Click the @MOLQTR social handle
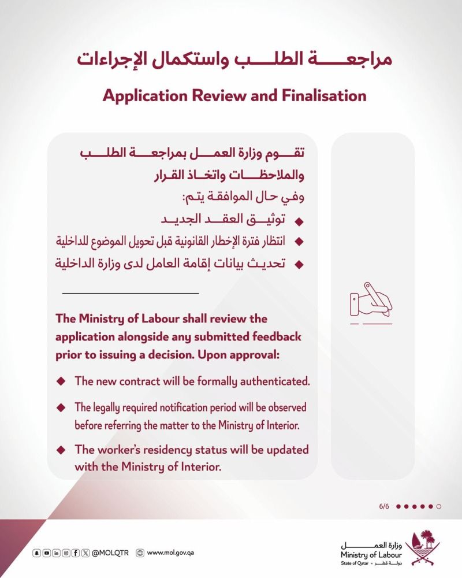point(111,553)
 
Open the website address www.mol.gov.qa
point(170,553)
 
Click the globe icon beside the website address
point(139,553)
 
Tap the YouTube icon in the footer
point(46,553)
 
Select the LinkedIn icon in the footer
point(56,553)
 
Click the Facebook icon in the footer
point(76,553)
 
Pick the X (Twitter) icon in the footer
point(85,553)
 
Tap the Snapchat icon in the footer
point(36,553)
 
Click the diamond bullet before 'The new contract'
point(61,382)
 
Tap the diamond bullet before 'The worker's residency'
point(61,449)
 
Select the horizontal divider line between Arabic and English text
point(130,294)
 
